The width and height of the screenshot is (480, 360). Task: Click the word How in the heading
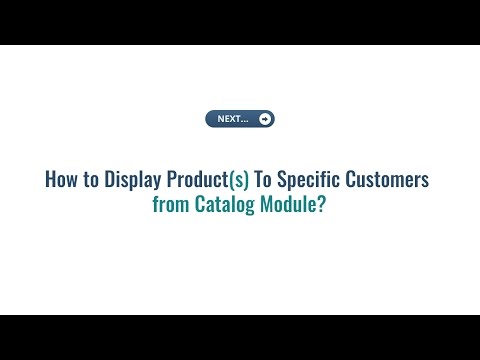point(62,181)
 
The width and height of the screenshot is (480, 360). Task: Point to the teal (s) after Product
point(239,181)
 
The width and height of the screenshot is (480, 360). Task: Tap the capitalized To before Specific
point(265,181)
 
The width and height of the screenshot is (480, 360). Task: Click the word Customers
point(390,181)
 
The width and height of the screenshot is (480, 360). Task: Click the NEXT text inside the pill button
point(229,119)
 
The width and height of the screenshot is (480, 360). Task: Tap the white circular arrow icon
point(264,119)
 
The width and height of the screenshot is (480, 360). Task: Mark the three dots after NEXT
point(245,121)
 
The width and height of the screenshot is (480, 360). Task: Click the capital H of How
point(51,181)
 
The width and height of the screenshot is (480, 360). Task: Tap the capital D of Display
point(110,181)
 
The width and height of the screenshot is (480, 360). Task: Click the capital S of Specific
point(286,181)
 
